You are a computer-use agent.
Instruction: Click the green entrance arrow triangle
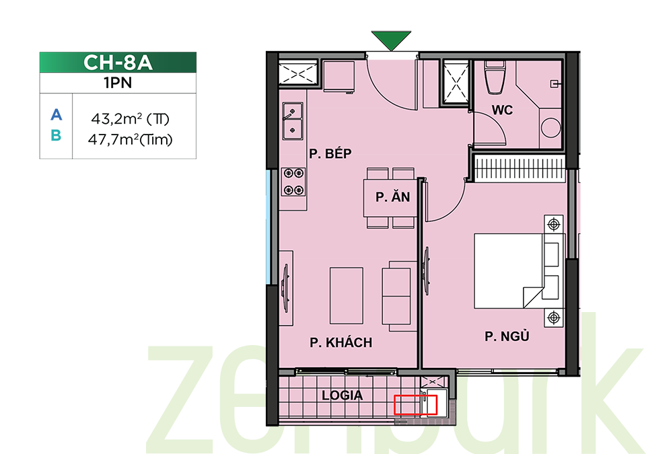tap(391, 40)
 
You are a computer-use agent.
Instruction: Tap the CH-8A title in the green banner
tap(118, 63)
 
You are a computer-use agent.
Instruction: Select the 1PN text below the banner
tap(118, 83)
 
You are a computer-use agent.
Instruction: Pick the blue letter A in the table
tap(57, 114)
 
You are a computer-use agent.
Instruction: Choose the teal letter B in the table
tap(56, 135)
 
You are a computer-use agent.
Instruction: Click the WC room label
tap(502, 110)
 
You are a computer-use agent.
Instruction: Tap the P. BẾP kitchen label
tap(330, 153)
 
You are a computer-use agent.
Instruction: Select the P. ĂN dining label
tap(392, 197)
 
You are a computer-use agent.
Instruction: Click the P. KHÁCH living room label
tap(341, 342)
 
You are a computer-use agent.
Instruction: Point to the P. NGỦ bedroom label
tap(507, 336)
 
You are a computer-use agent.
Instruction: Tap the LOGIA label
tap(342, 395)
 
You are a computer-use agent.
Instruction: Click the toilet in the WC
tap(495, 77)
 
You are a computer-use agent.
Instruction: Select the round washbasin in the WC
tap(550, 128)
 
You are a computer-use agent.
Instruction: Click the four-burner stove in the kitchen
tap(294, 182)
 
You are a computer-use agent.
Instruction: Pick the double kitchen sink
tap(293, 121)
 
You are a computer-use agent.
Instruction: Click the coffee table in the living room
tap(347, 295)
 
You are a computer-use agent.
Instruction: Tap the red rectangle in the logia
tap(415, 404)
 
